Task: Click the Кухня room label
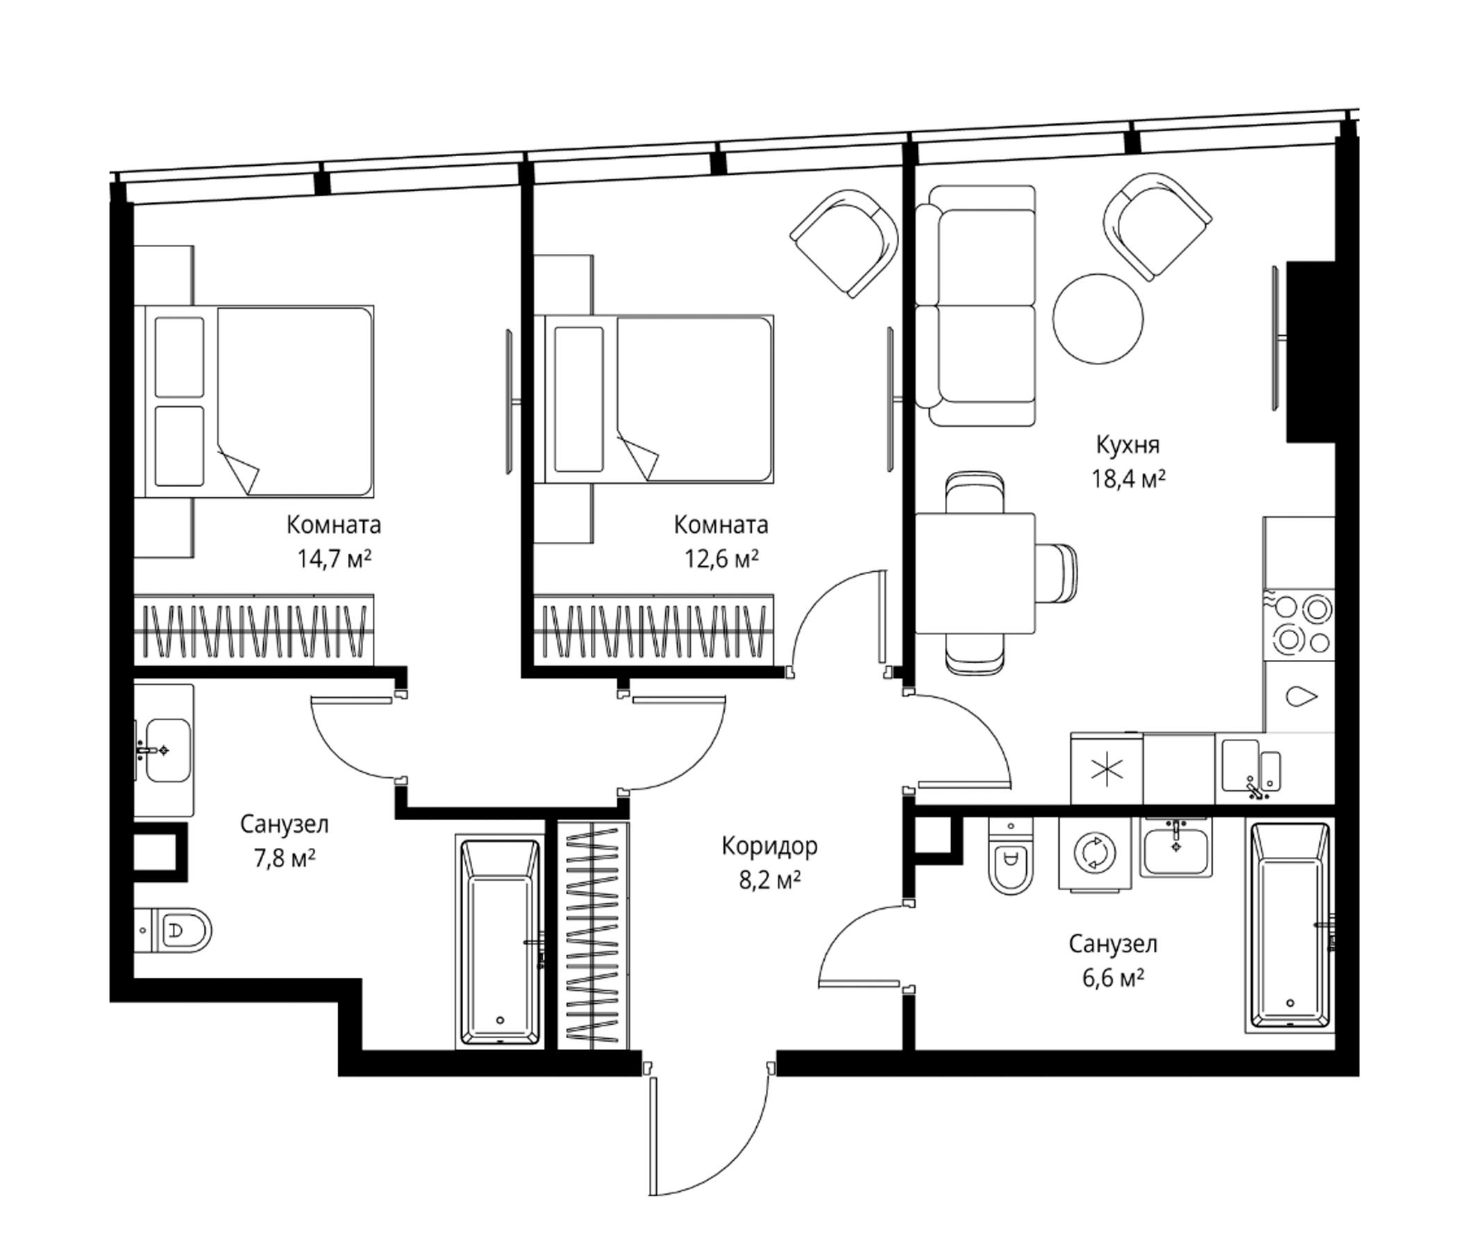1128,445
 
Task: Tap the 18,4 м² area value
1128,479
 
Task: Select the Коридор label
769,846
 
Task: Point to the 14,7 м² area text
333,559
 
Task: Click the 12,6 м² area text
721,559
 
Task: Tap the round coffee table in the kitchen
1098,318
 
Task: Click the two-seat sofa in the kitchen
975,306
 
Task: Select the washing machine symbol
1096,853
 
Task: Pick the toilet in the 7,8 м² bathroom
172,931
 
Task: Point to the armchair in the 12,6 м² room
844,243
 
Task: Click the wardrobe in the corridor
593,935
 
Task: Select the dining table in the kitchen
975,573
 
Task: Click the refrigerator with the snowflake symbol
1107,769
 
